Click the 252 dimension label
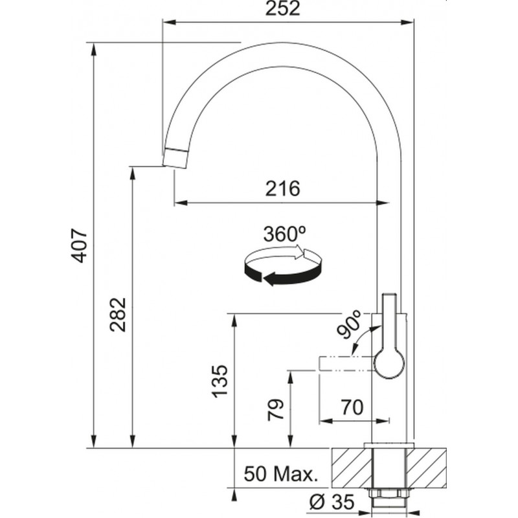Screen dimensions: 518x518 click(283, 8)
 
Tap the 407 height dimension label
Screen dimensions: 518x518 click(80, 245)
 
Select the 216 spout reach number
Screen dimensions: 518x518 click(283, 188)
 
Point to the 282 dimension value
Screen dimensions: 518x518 click(118, 315)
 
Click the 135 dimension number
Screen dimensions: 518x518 click(220, 381)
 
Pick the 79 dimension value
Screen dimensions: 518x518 click(276, 410)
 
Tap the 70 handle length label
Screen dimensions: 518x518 click(352, 407)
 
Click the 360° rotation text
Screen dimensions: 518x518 click(284, 234)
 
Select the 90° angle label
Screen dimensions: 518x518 click(348, 324)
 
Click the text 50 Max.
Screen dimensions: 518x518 click(281, 474)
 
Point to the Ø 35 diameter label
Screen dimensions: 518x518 click(332, 501)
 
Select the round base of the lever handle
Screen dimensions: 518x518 click(389, 364)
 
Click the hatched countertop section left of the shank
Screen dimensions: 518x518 click(352, 467)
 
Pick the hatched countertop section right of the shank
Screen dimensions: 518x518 click(426, 467)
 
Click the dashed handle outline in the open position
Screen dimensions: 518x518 click(347, 364)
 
